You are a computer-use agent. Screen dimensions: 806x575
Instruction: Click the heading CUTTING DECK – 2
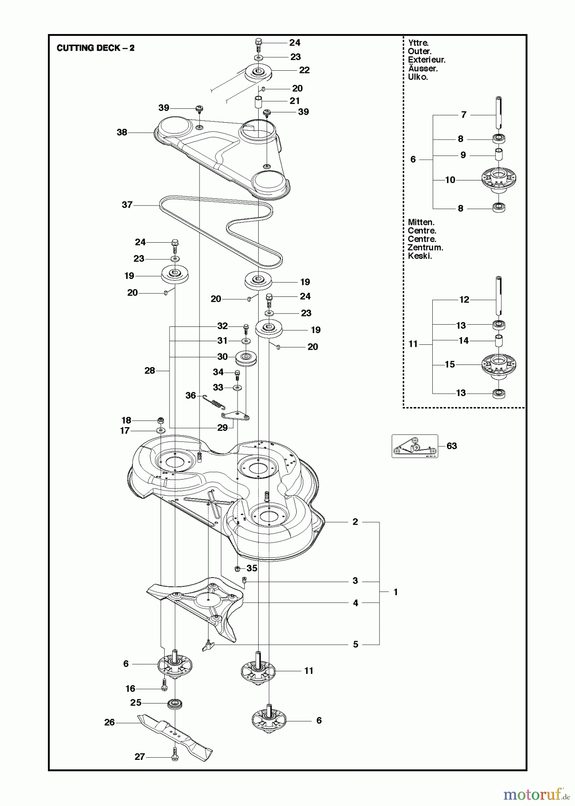tap(95, 48)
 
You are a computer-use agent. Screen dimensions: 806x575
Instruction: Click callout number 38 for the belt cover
tap(122, 132)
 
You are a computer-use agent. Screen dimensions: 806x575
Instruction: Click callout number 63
tap(451, 446)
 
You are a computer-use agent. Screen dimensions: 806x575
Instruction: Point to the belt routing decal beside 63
tap(415, 446)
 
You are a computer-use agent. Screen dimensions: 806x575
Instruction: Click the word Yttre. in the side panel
tap(418, 43)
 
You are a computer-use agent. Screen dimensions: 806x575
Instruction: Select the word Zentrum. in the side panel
tap(425, 248)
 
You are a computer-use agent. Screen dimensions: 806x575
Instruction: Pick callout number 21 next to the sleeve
tap(294, 101)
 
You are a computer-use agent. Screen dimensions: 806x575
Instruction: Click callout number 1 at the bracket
tap(396, 592)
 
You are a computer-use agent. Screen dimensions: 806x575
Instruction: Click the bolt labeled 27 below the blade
tap(175, 756)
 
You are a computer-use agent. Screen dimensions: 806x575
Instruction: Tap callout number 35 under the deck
tap(252, 568)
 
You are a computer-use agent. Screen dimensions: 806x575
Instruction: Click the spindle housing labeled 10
tap(498, 180)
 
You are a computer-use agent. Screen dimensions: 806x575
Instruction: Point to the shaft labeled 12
tap(498, 296)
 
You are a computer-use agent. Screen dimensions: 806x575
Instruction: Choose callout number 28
tap(150, 370)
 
